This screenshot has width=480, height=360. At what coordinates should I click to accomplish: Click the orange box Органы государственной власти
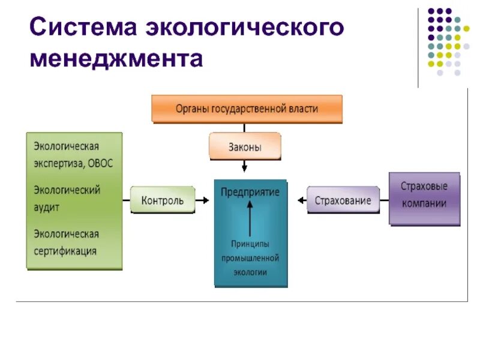pos(247,109)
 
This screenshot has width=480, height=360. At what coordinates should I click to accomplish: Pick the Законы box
pos(244,146)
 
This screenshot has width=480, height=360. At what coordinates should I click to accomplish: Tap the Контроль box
pos(163,200)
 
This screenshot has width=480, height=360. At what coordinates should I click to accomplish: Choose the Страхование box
pos(343,200)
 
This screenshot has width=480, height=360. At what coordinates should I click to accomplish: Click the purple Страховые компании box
pos(424,195)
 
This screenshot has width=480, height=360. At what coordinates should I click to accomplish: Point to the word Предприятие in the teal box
pos(250,192)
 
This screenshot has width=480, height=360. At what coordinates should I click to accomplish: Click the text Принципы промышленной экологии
pos(251,257)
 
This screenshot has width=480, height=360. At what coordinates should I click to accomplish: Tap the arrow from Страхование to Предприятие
pos(298,200)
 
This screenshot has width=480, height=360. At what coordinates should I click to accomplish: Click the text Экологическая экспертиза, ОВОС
pos(73,154)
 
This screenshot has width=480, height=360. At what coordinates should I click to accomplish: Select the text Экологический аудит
pos(66,198)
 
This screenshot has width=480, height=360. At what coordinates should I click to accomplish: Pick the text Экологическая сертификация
pos(66,242)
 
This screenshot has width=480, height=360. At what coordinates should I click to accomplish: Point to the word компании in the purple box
pos(424,203)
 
